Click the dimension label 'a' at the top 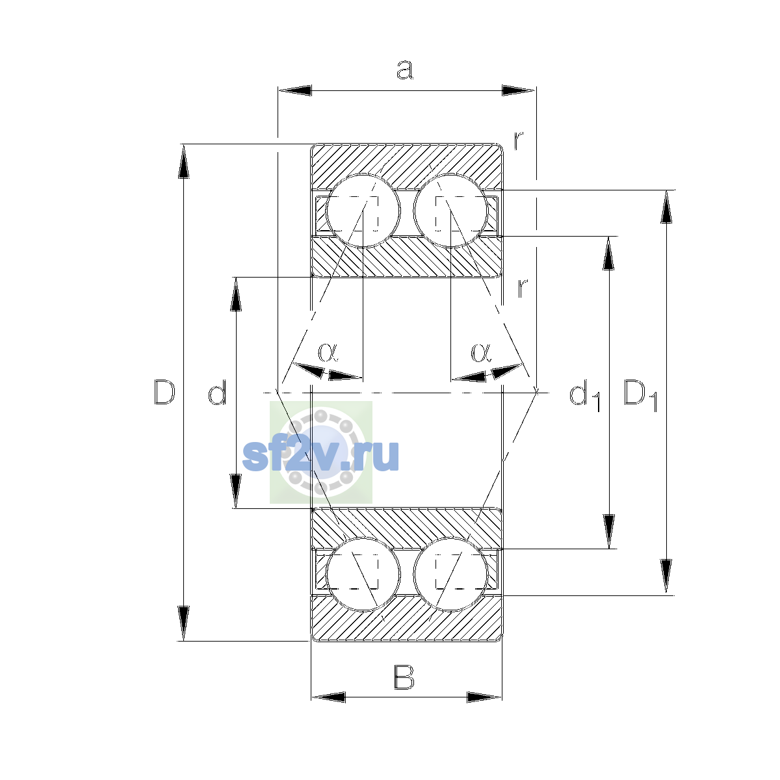pyautogui.click(x=404, y=70)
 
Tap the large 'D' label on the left pyautogui.click(x=164, y=392)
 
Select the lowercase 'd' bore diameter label pyautogui.click(x=217, y=392)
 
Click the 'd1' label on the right pyautogui.click(x=584, y=395)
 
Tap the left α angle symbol pyautogui.click(x=328, y=352)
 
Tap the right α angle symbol pyautogui.click(x=481, y=352)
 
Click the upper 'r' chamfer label pyautogui.click(x=519, y=140)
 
